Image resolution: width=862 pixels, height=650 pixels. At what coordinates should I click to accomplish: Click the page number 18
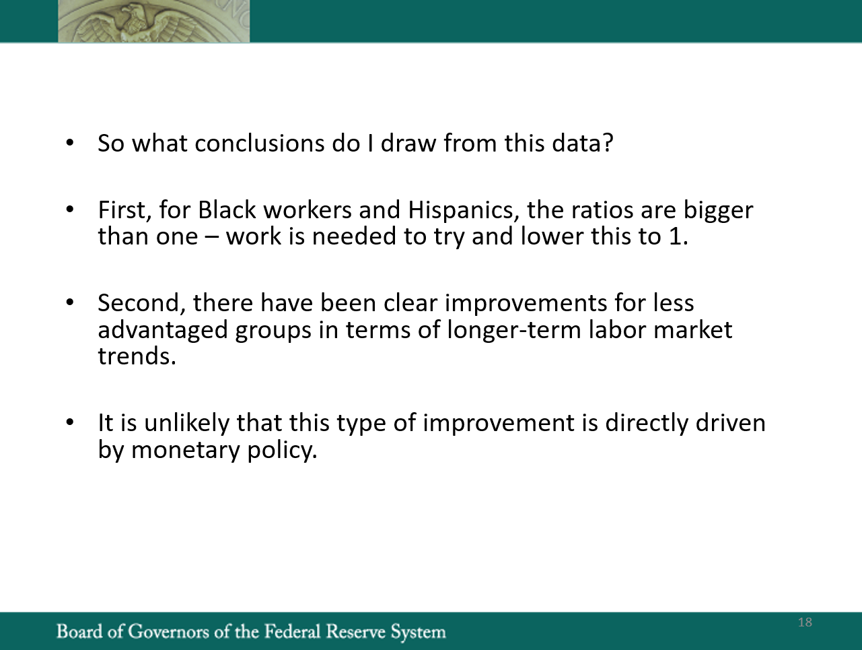click(805, 622)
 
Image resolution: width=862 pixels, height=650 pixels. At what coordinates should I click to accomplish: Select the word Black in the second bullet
click(227, 209)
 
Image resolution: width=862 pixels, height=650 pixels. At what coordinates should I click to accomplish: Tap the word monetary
click(185, 449)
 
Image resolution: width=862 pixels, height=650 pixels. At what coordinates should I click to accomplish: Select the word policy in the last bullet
click(282, 449)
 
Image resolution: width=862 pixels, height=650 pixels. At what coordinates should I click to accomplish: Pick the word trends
click(137, 356)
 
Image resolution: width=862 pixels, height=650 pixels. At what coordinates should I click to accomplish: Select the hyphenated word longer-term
click(514, 329)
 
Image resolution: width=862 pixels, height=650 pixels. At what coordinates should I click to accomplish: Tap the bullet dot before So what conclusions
click(70, 143)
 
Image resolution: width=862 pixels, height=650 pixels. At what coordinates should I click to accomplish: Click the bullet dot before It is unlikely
click(70, 422)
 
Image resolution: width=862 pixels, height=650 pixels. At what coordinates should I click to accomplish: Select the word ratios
click(602, 209)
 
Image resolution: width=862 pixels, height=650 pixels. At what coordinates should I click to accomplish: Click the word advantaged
click(163, 330)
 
